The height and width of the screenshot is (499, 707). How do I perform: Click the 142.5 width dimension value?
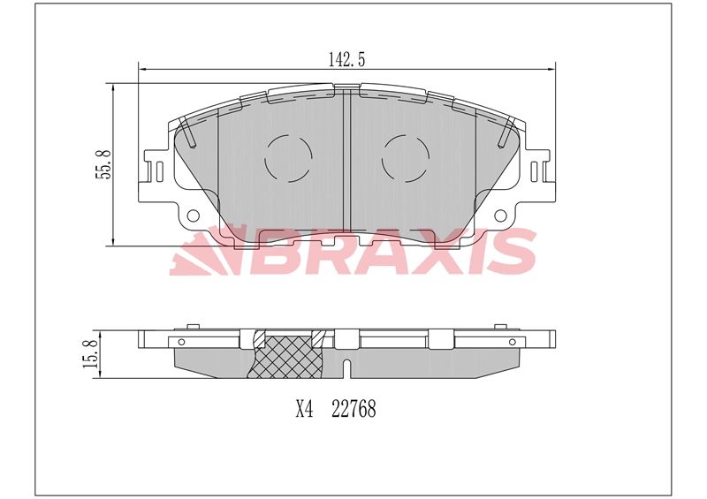[x=346, y=59]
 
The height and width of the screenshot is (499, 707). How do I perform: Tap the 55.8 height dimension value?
[x=103, y=164]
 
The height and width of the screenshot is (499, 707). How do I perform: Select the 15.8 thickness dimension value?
[x=90, y=354]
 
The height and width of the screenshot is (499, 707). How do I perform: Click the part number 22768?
[x=353, y=409]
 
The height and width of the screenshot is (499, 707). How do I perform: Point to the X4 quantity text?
[x=304, y=409]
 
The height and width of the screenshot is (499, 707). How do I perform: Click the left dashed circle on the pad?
[x=288, y=159]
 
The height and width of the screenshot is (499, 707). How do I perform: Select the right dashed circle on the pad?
[x=406, y=159]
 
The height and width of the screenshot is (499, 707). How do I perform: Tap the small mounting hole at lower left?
[x=193, y=215]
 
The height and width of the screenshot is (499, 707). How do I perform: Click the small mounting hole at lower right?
[x=500, y=215]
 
